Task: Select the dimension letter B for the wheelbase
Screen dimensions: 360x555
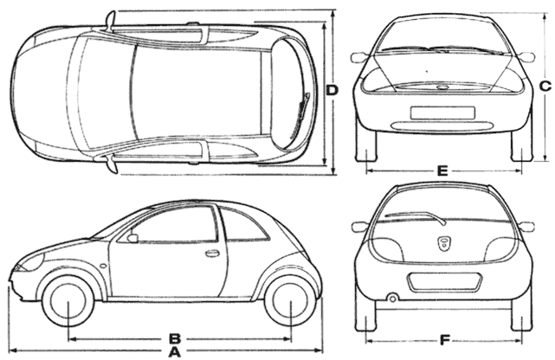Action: pyautogui.click(x=174, y=337)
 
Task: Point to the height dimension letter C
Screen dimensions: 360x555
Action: pyautogui.click(x=545, y=86)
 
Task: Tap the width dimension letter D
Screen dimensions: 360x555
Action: pyautogui.click(x=332, y=90)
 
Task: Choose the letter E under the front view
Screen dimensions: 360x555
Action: pyautogui.click(x=442, y=171)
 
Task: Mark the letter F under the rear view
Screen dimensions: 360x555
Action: pyautogui.click(x=444, y=338)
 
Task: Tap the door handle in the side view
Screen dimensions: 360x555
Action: pyautogui.click(x=211, y=254)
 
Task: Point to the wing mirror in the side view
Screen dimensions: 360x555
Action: pyautogui.click(x=132, y=238)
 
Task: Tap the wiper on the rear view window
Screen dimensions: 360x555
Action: pyautogui.click(x=414, y=215)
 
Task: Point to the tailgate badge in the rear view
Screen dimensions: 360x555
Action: pyautogui.click(x=443, y=242)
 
